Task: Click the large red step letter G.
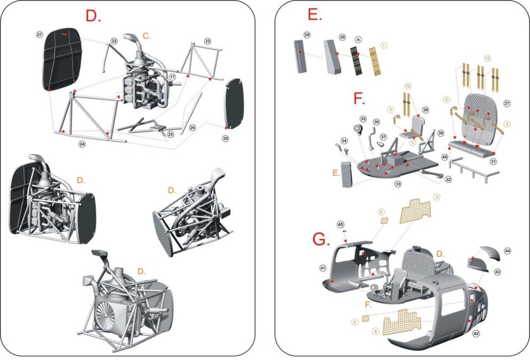(x=321, y=240)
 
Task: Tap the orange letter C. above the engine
(x=147, y=36)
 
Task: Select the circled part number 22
(x=114, y=41)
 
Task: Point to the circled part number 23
(x=207, y=41)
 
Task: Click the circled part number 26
(x=192, y=127)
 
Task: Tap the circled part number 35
(x=363, y=119)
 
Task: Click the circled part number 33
(x=398, y=184)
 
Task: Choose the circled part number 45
(x=341, y=225)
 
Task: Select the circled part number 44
(x=507, y=250)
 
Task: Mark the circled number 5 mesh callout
(x=437, y=197)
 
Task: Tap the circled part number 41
(x=322, y=268)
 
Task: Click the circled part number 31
(x=493, y=161)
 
